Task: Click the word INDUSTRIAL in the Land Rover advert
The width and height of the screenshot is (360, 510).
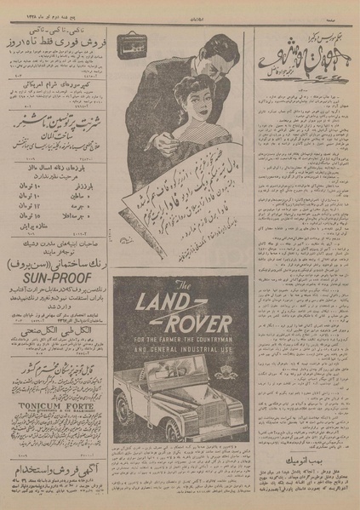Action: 196,349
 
